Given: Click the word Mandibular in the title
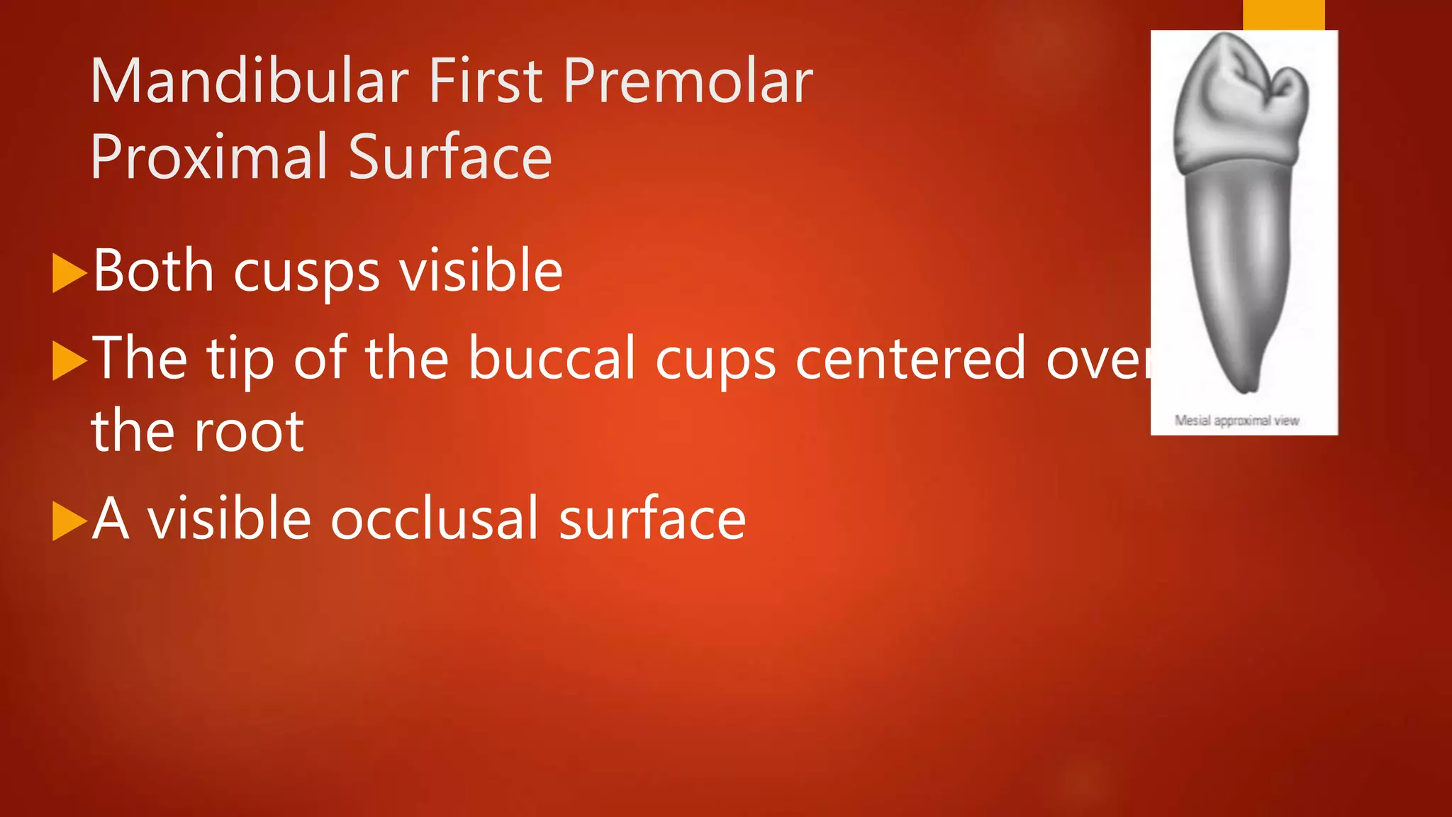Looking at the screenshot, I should (x=249, y=82).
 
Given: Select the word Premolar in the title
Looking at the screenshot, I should (x=688, y=82).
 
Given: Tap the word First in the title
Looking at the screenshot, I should (x=486, y=82).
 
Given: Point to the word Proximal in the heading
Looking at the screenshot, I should (x=209, y=157).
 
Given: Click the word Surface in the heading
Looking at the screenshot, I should (x=449, y=157).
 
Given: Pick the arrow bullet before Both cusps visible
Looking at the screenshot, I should (x=69, y=274).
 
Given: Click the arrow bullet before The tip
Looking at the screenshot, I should (x=69, y=361).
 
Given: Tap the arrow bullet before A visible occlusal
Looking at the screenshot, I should (x=69, y=521).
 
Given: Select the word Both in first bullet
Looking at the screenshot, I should (x=153, y=271).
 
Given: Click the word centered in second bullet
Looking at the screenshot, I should (x=910, y=359).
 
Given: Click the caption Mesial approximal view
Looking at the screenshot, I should (x=1236, y=421).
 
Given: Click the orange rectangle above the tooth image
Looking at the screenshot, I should (x=1283, y=14).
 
